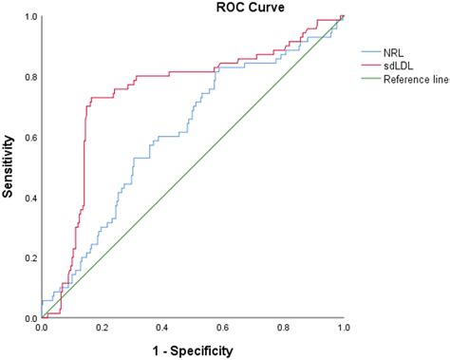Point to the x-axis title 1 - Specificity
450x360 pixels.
click(194, 351)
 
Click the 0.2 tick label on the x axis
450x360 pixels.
click(102, 328)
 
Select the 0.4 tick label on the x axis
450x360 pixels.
click(162, 328)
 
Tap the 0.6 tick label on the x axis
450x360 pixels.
click(223, 328)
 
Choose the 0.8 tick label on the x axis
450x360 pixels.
click(283, 328)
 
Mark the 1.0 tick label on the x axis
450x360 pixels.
click(344, 328)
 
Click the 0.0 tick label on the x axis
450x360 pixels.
click(41, 328)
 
